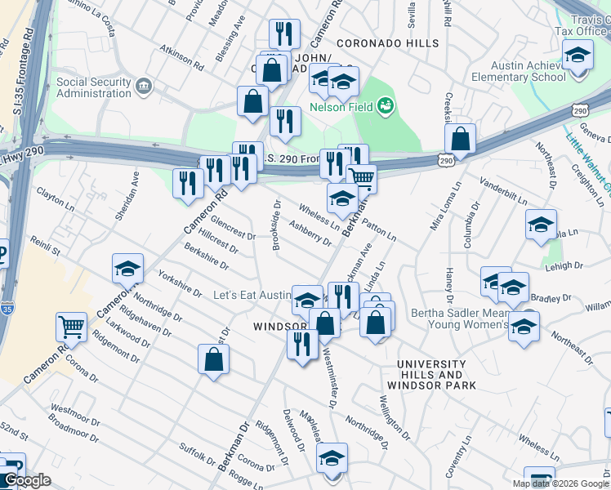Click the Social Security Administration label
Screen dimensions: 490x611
click(93, 88)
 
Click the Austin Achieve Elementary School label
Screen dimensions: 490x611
click(528, 71)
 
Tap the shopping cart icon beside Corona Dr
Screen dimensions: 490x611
click(71, 327)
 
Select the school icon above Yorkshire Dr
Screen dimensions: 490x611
click(127, 269)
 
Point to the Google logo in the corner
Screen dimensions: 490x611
click(27, 480)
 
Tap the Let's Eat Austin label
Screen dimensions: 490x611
click(252, 295)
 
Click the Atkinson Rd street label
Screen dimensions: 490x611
click(181, 55)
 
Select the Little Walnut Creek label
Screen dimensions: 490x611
click(588, 163)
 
